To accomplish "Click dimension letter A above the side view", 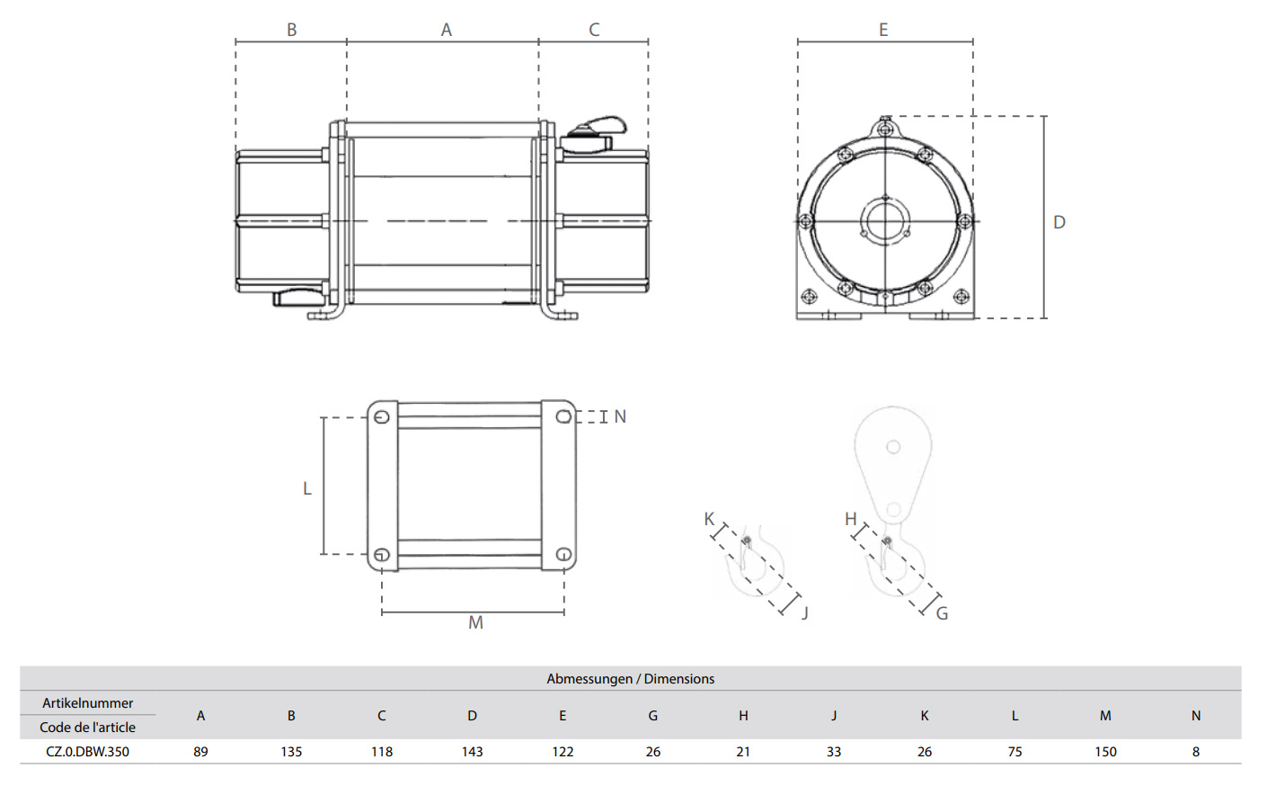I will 447,30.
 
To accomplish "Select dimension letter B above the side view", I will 292,30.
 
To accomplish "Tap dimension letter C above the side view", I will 594,30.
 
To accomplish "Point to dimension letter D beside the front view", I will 1059,222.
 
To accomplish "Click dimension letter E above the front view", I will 883,30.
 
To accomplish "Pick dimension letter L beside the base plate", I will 307,488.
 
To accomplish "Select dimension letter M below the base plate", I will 475,622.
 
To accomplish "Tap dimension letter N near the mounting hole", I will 620,416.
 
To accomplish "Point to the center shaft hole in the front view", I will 885,220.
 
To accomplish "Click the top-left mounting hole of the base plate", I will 382,416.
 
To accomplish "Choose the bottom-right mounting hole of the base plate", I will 563,555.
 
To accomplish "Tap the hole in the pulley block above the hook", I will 893,447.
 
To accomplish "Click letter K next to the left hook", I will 709,519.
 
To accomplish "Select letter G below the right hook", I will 942,613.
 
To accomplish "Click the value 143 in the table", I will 472,752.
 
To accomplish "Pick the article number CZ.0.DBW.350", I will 88,752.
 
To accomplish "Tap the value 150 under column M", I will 1105,752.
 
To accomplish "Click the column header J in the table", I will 834,716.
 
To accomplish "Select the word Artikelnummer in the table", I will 88,703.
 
